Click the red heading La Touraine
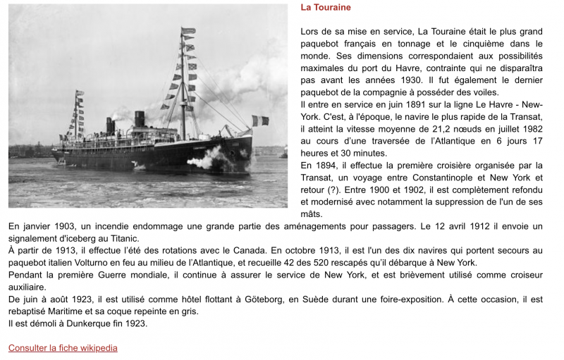[x=325, y=8]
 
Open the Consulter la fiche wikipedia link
[x=63, y=348]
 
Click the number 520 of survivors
[x=350, y=262]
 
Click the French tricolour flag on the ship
[x=260, y=120]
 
